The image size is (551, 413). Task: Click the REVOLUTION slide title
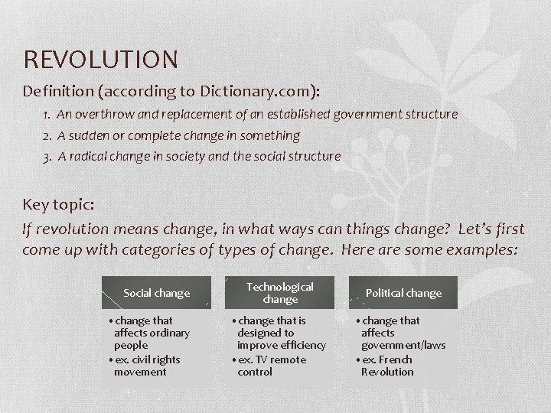101,59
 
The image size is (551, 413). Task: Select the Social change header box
156,293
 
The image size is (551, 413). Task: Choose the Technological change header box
279,293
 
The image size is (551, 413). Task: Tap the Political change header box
403,293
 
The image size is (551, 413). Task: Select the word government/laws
403,345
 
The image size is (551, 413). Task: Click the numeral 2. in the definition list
47,135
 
